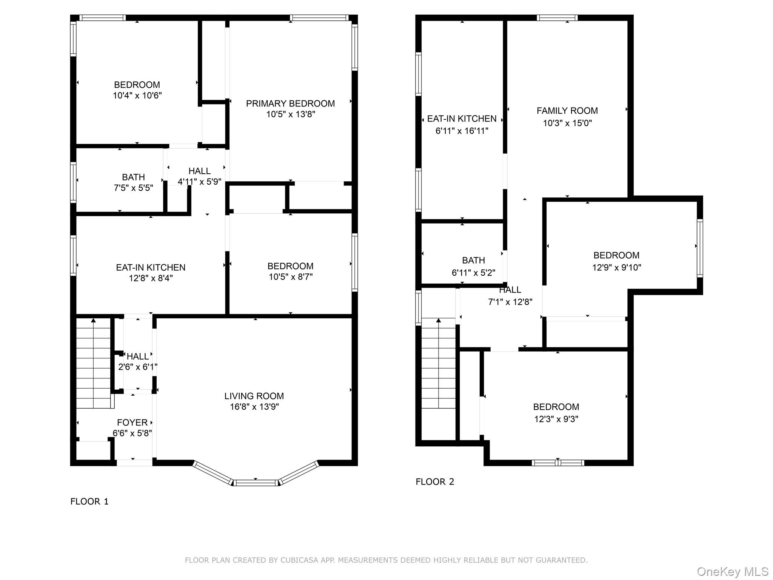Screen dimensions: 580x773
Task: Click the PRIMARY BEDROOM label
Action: (x=290, y=103)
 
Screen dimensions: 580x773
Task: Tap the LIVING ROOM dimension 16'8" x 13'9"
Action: (x=254, y=407)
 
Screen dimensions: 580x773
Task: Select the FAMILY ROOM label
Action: (x=567, y=111)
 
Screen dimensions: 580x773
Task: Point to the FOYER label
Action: (x=132, y=423)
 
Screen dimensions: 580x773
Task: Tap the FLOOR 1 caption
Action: (x=89, y=501)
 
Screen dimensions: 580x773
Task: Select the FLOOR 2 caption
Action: (x=435, y=481)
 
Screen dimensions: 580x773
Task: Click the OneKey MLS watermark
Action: (x=732, y=571)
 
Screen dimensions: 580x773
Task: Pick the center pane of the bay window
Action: (x=256, y=483)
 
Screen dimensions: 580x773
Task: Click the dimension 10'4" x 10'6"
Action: (x=137, y=96)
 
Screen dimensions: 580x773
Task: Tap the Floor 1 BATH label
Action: (x=133, y=177)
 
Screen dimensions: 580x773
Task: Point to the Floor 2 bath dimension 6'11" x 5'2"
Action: (x=473, y=273)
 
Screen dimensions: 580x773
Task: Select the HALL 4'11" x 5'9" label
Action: (x=199, y=171)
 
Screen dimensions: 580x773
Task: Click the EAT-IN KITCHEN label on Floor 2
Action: (x=462, y=119)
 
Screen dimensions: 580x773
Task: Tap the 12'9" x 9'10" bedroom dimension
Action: (x=616, y=267)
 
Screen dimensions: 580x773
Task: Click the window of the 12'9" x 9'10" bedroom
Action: (x=699, y=248)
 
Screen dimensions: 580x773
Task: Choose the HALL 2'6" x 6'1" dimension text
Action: (x=138, y=367)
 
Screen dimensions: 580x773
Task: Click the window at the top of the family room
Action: (x=557, y=18)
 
